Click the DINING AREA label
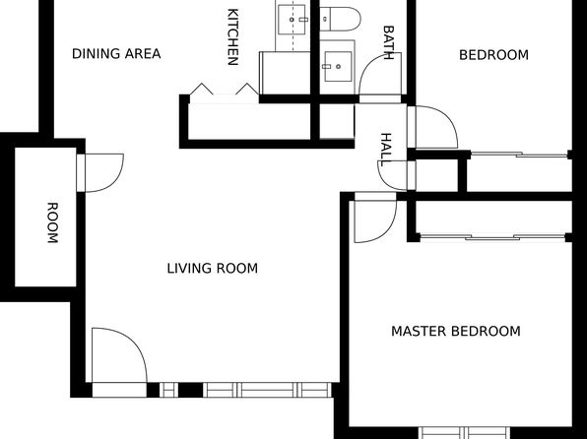coord(116,54)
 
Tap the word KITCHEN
coord(232,37)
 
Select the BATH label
coord(389,42)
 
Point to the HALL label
coord(386,150)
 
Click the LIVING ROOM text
coord(213,269)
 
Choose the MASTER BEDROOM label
coord(456,331)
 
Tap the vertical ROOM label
coord(52,222)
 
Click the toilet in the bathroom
coord(340,19)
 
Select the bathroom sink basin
coord(338,67)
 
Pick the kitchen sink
coord(292,20)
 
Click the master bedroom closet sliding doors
coord(493,237)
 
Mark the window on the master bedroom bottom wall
coord(464,433)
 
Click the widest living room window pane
coord(267,390)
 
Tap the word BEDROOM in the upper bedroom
coord(493,55)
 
